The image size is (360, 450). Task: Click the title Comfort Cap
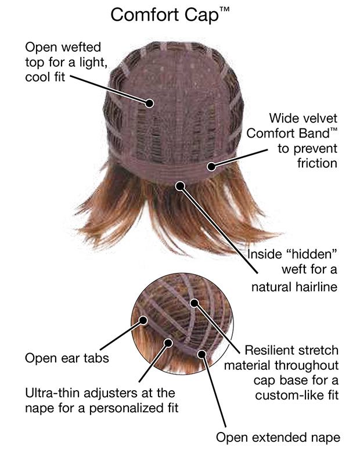coord(170,15)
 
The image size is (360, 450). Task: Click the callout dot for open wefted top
coord(149,103)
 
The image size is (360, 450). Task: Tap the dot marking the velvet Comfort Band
coord(211,166)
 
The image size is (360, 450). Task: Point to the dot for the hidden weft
coord(180,186)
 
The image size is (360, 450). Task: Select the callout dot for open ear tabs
coord(143,320)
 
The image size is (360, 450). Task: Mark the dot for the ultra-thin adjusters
coord(168,343)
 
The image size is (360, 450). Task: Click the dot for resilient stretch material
coord(195,303)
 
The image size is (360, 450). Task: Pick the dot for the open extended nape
coord(202,354)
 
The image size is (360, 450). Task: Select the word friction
coord(317,163)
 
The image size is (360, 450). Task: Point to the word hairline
coord(316,286)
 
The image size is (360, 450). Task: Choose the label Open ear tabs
coord(67,358)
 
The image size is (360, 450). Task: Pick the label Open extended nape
coord(278,438)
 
